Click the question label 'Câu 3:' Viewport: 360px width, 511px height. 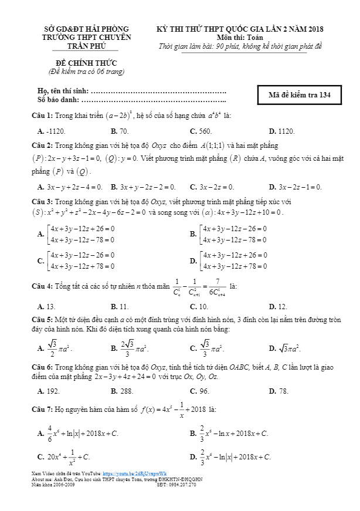tap(42, 201)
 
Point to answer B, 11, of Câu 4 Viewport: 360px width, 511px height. tap(120, 306)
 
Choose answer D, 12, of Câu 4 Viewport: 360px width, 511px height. tap(278, 306)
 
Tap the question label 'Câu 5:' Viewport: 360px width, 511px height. tap(42, 320)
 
